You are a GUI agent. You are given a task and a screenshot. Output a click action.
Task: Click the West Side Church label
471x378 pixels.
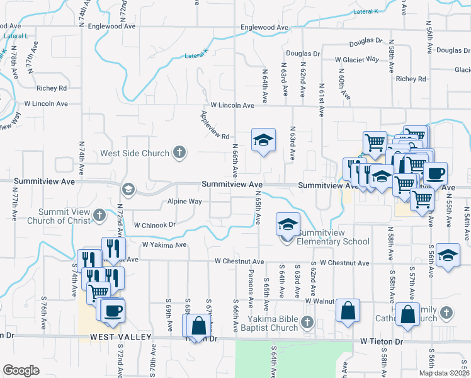coord(135,153)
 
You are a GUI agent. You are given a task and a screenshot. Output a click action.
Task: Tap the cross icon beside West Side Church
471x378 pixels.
coord(179,152)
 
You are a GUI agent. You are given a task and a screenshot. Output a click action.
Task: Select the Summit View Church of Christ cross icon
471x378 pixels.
coord(99,216)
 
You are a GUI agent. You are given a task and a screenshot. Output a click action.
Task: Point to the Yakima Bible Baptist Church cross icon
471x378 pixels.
coord(307,323)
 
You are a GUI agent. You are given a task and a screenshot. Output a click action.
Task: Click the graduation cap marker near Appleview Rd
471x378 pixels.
coord(264,140)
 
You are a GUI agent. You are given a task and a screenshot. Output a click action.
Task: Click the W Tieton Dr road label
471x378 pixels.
coord(382,341)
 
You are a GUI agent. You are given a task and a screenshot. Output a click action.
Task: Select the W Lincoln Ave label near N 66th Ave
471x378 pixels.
coord(232,105)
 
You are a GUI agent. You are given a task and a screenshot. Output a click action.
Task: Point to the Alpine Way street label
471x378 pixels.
coord(184,202)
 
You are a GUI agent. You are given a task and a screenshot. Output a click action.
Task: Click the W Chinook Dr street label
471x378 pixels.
coord(154,224)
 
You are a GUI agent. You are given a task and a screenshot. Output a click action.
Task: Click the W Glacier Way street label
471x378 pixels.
coord(357,59)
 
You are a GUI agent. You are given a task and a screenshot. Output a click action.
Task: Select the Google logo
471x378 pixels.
coord(21,370)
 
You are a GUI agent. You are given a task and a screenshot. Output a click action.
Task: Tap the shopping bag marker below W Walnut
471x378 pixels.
coord(348,311)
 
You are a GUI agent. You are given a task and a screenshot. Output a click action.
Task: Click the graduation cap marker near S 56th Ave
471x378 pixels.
coord(448,255)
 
